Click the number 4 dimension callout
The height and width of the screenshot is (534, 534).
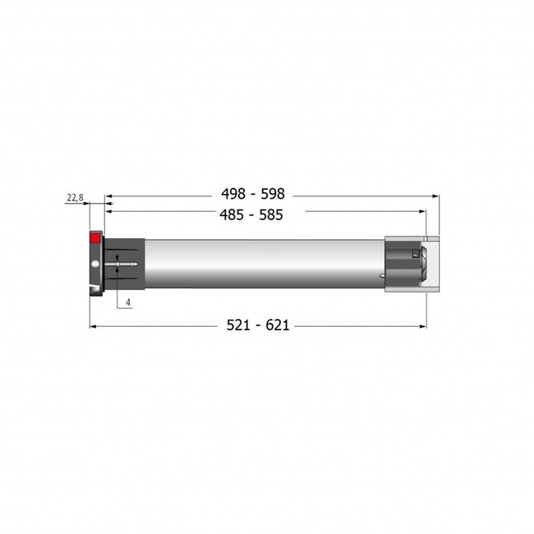[x=129, y=302]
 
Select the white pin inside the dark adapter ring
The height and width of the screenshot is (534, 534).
[x=123, y=263]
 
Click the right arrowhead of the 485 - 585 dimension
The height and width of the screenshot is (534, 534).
[x=424, y=212]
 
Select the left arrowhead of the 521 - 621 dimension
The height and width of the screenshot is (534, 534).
[x=92, y=327]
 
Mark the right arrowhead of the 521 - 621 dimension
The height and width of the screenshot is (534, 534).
[x=424, y=327]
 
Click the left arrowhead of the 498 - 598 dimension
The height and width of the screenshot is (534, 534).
[x=108, y=196]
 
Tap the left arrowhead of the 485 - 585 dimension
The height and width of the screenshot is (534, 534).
[x=108, y=212]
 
